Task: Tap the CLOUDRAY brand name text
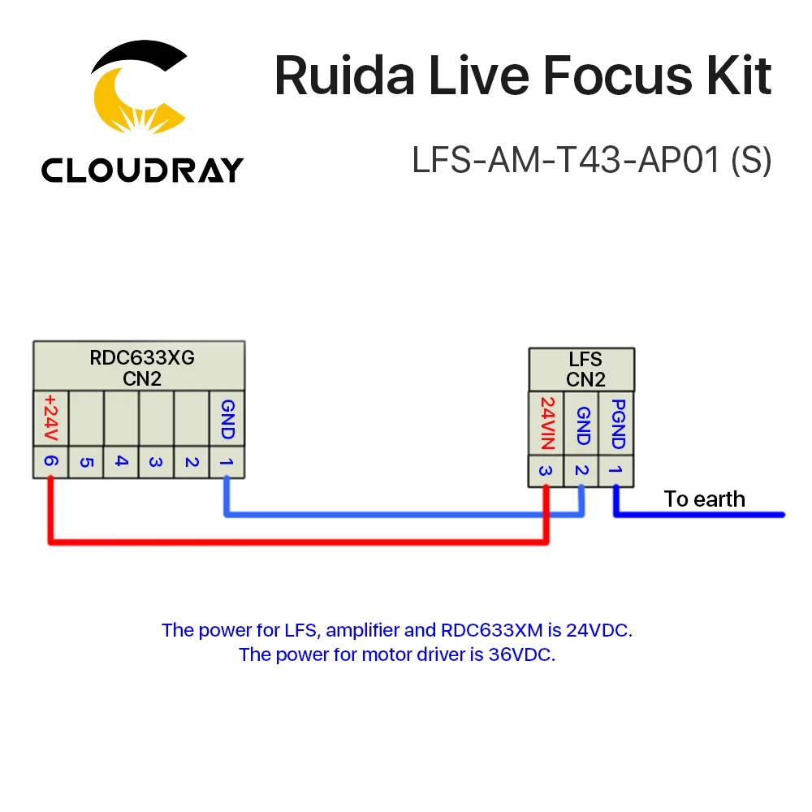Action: coord(142,170)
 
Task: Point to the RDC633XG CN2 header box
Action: coord(139,366)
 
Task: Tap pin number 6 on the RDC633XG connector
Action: coord(51,462)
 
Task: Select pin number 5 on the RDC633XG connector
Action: coord(86,462)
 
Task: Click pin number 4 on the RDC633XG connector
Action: coord(121,462)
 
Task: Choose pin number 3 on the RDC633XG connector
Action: coord(156,462)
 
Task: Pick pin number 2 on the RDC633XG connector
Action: coord(192,462)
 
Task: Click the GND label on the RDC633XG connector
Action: coord(227,418)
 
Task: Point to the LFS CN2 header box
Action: coord(581,370)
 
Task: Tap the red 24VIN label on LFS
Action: coord(546,423)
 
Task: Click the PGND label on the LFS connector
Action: coord(616,423)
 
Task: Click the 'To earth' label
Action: coord(704,499)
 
